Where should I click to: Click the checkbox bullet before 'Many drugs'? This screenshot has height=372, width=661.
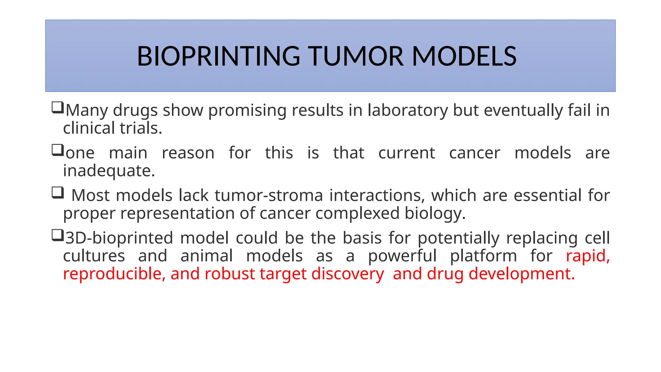pyautogui.click(x=57, y=107)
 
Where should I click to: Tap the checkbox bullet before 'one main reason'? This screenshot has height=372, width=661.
pyautogui.click(x=57, y=150)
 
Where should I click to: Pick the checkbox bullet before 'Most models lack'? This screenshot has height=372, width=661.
pyautogui.click(x=57, y=192)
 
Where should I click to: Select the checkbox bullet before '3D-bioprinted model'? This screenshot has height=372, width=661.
pyautogui.click(x=57, y=235)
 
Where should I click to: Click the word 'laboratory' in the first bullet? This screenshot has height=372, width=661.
pyautogui.click(x=408, y=110)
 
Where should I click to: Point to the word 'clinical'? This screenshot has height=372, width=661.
pyautogui.click(x=89, y=128)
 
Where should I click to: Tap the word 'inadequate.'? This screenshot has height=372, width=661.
pyautogui.click(x=109, y=171)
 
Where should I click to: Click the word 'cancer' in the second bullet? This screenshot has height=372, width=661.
pyautogui.click(x=474, y=153)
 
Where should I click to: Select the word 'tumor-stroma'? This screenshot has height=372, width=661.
pyautogui.click(x=269, y=195)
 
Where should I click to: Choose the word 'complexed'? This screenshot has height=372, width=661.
pyautogui.click(x=357, y=213)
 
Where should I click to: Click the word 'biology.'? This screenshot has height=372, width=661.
pyautogui.click(x=435, y=213)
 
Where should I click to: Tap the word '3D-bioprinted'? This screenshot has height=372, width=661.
pyautogui.click(x=119, y=238)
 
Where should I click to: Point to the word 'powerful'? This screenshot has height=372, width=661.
pyautogui.click(x=402, y=256)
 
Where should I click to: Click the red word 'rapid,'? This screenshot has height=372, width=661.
pyautogui.click(x=588, y=256)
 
